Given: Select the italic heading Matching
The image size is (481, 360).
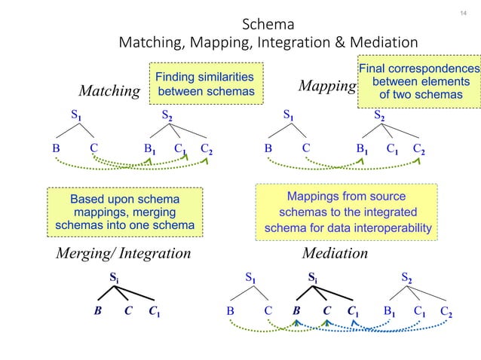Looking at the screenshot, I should point(110,91).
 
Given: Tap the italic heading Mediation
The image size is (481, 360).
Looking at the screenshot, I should point(335,253).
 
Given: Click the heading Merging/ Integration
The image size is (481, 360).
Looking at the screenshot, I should point(124,253).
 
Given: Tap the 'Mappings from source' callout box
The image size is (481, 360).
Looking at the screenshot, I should point(347,212).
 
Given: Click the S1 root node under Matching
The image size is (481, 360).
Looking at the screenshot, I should point(76,116).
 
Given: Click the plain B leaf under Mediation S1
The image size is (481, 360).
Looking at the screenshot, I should point(231,310).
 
